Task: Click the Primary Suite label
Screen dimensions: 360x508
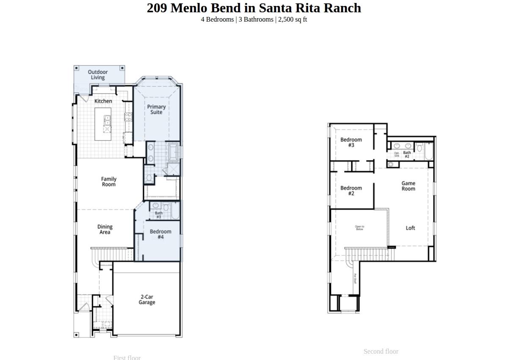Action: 156,109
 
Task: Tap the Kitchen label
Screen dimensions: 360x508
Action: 103,101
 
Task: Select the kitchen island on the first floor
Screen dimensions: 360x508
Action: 103,125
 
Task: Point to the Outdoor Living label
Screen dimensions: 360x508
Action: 98,75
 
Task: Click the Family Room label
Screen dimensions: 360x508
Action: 109,182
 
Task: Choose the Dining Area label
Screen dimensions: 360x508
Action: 105,229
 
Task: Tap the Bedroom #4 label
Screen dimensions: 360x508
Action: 160,234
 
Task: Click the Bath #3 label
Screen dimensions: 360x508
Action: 159,215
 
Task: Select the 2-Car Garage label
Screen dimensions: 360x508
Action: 147,299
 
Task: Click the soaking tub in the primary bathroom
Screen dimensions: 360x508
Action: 174,152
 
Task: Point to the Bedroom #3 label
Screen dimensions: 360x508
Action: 351,142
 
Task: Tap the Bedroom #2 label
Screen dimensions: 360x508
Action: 351,191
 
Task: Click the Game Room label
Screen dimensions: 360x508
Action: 409,186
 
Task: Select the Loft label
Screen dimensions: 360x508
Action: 410,228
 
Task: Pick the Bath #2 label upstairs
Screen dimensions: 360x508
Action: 407,154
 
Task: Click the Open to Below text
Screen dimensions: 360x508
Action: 359,228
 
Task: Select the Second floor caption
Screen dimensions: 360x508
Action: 381,351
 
